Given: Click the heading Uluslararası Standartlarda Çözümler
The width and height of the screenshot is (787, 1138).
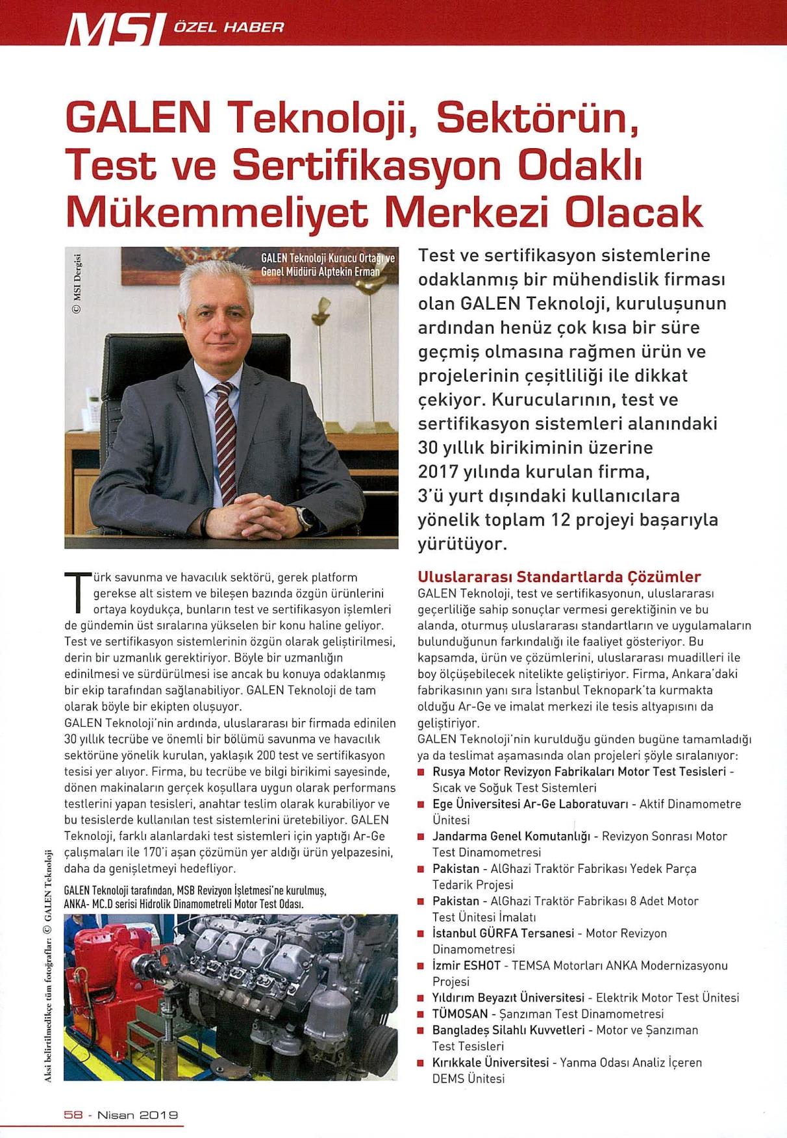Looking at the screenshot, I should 559,577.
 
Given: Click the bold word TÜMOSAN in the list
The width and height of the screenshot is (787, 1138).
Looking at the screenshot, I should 460,1014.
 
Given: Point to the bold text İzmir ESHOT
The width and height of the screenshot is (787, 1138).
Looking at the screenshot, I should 466,966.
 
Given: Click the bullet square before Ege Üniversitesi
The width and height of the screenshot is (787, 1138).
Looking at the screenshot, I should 421,805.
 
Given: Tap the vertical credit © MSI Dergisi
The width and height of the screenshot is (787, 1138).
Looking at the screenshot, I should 77,282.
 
